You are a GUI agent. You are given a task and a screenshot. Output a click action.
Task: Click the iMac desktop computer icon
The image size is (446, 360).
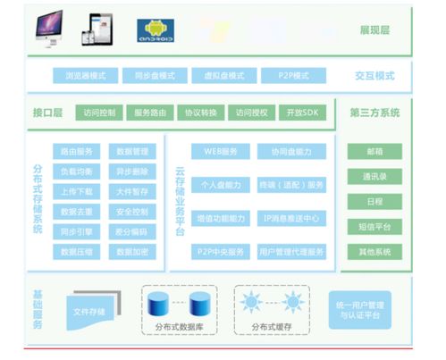pyautogui.click(x=46, y=28)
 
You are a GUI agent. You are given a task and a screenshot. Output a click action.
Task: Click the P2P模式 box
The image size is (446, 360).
pyautogui.click(x=292, y=76)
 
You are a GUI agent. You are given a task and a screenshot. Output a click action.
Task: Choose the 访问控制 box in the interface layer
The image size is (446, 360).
pyautogui.click(x=100, y=113)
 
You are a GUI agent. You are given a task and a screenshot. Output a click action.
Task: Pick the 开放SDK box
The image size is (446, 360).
pyautogui.click(x=302, y=113)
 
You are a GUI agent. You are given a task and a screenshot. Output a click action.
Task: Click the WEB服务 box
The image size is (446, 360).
pyautogui.click(x=221, y=152)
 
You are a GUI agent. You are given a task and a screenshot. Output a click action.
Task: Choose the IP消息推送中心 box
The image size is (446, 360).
pyautogui.click(x=292, y=218)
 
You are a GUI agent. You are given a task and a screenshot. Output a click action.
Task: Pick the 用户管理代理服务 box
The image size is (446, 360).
pyautogui.click(x=292, y=252)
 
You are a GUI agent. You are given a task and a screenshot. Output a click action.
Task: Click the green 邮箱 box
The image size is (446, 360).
pyautogui.click(x=374, y=151)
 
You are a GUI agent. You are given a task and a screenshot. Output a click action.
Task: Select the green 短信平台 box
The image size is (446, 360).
pyautogui.click(x=374, y=227)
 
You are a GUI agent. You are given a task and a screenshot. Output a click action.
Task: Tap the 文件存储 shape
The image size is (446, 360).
pyautogui.click(x=89, y=312)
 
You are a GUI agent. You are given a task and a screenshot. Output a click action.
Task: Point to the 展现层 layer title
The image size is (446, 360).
pyautogui.click(x=374, y=29)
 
